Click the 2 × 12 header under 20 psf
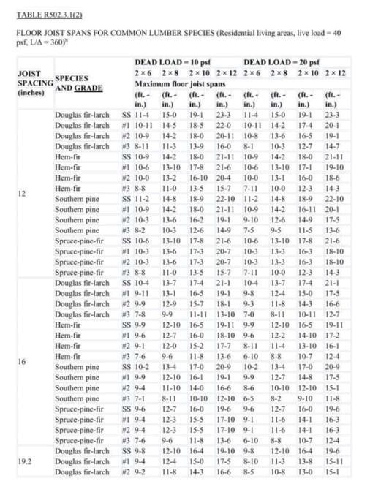click(x=336, y=74)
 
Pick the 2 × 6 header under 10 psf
click(x=142, y=74)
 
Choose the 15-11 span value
click(x=336, y=463)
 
